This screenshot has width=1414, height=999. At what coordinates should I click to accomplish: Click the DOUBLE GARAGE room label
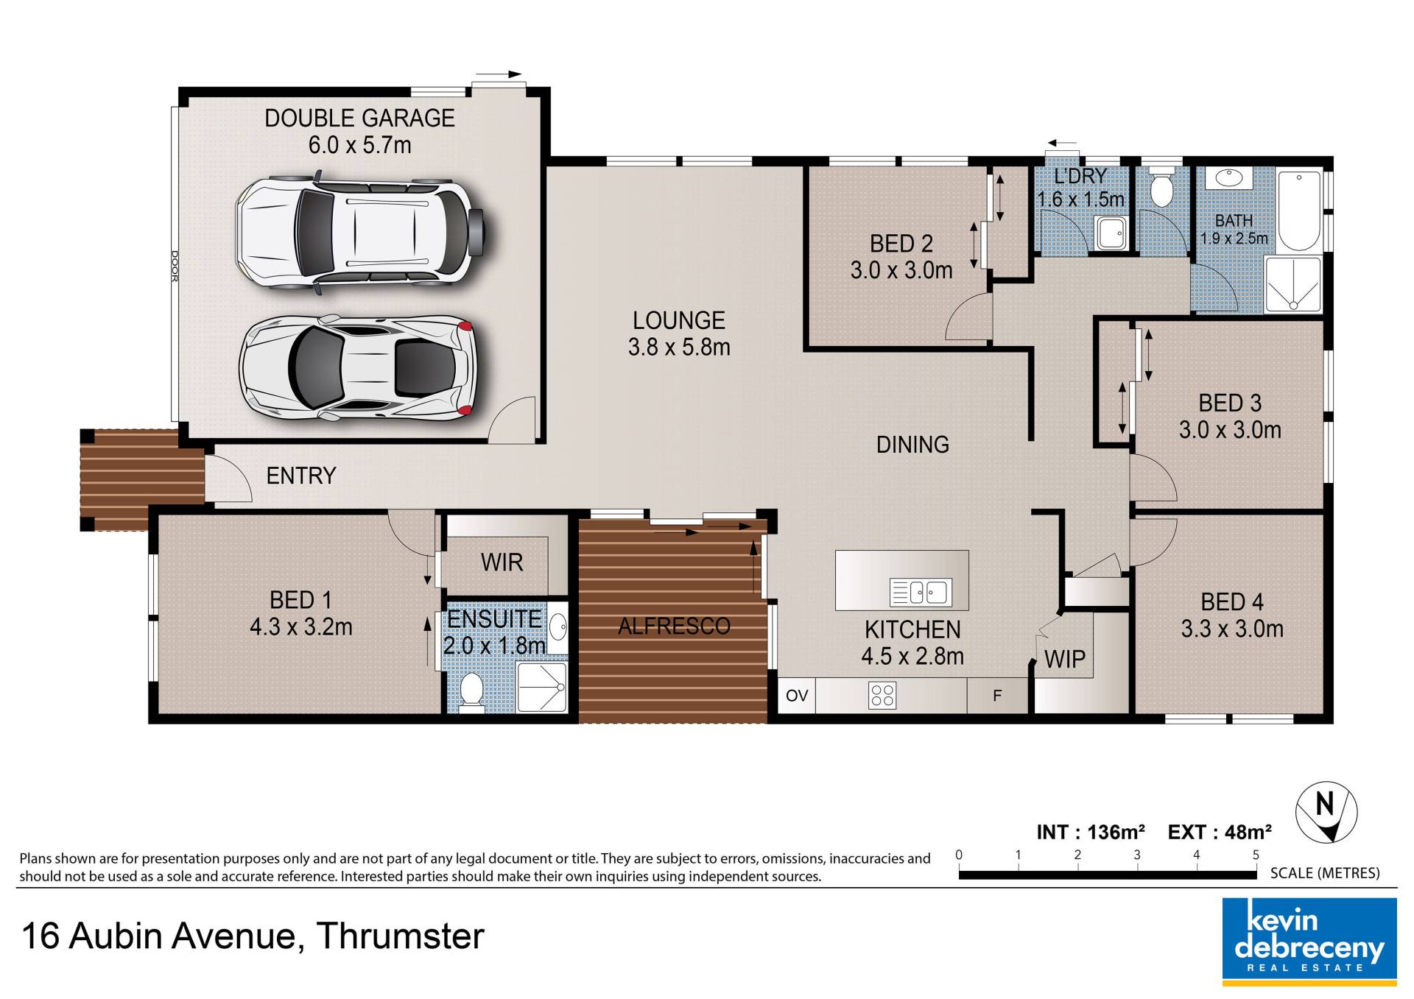(359, 118)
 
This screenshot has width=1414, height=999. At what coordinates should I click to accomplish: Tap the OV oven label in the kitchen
(797, 696)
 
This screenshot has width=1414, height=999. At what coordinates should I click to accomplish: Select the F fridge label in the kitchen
(997, 696)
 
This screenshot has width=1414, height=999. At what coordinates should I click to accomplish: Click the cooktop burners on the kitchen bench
(882, 696)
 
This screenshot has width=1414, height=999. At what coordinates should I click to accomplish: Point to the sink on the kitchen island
(921, 592)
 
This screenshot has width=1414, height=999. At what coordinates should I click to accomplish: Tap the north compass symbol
(1326, 812)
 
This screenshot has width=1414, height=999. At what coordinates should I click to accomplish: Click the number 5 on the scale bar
(1256, 855)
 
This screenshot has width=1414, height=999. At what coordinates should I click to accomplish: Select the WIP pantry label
(1065, 660)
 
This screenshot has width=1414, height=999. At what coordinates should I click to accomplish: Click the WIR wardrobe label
(502, 562)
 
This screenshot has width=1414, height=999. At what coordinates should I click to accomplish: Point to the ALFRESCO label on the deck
(674, 626)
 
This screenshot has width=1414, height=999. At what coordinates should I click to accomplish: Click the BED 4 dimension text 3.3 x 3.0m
(1232, 629)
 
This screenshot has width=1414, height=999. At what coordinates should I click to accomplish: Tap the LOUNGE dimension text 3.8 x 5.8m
(679, 347)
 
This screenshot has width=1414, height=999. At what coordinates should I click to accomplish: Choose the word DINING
(912, 445)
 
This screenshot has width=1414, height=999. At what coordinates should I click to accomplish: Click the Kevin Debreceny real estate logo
(1309, 942)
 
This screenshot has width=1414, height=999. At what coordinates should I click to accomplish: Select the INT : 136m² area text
(1091, 832)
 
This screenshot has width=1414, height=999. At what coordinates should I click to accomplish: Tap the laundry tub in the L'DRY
(1110, 233)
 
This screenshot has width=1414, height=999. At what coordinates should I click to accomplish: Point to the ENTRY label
(301, 476)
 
